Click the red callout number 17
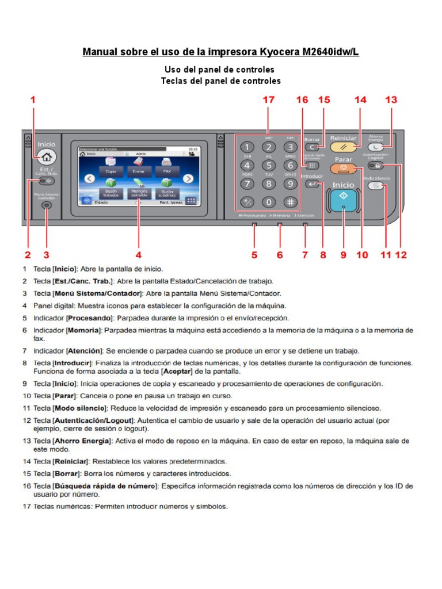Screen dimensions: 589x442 tap(269, 100)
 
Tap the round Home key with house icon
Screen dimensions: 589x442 tap(47, 157)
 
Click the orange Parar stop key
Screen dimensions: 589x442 tap(344, 169)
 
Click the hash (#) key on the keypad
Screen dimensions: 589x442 tap(291, 202)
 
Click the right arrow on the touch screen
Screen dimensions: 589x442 tap(188, 179)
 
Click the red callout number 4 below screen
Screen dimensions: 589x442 tap(138, 254)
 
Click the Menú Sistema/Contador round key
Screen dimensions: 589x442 tap(47, 205)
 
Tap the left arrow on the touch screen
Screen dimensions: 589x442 tap(89, 179)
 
